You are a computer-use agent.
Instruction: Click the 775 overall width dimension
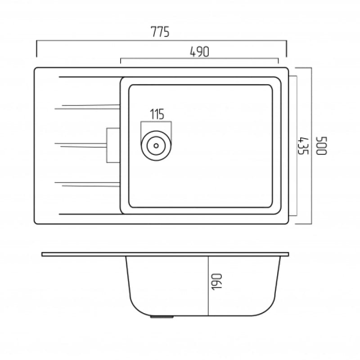click(x=160, y=32)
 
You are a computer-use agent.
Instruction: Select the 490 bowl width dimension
click(x=199, y=52)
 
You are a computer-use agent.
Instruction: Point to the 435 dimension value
click(x=302, y=145)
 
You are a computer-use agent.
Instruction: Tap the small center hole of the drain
click(x=156, y=146)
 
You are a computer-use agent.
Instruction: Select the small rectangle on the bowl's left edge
click(x=113, y=145)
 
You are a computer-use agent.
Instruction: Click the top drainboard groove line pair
click(x=88, y=107)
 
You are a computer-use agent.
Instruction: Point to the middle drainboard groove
click(x=81, y=145)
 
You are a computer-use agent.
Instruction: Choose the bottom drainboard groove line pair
click(x=88, y=183)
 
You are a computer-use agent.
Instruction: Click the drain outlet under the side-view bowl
click(x=162, y=317)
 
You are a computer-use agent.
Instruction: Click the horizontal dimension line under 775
click(x=161, y=40)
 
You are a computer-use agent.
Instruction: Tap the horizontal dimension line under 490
click(x=199, y=58)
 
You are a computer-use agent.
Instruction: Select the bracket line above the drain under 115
click(x=156, y=122)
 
